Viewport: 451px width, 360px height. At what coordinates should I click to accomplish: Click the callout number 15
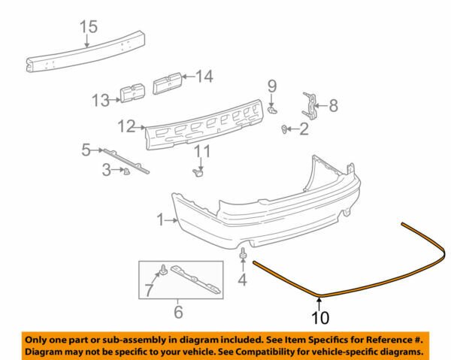click(89, 28)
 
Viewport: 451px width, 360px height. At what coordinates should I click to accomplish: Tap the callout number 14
click(204, 75)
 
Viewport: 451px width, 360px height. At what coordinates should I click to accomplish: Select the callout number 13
click(101, 98)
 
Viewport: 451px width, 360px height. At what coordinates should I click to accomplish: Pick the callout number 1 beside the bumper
click(159, 220)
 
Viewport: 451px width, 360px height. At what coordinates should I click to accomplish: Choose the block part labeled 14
click(168, 81)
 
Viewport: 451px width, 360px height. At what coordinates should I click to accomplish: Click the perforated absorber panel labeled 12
click(203, 126)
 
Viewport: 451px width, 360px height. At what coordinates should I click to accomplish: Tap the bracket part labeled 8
click(310, 105)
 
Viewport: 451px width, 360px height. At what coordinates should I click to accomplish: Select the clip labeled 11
click(200, 174)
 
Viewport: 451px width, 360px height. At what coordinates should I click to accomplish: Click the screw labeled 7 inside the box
click(161, 269)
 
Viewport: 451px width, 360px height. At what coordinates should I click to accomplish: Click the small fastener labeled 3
click(126, 171)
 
